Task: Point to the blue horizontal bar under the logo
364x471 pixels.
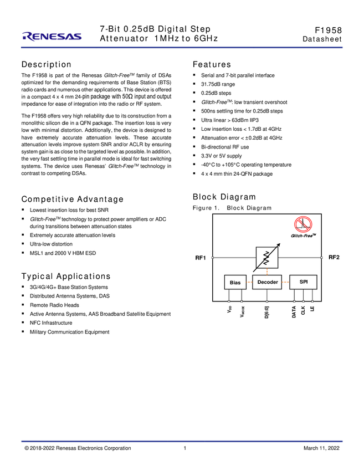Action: pyautogui.click(x=182, y=48)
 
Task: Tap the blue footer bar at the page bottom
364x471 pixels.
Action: pyautogui.click(x=182, y=442)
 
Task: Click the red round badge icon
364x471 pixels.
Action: pyautogui.click(x=303, y=224)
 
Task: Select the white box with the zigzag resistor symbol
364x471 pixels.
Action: pyautogui.click(x=267, y=258)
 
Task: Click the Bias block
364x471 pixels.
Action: pyautogui.click(x=235, y=283)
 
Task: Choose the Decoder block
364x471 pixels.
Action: pyautogui.click(x=267, y=282)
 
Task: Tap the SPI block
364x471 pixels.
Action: pyautogui.click(x=303, y=282)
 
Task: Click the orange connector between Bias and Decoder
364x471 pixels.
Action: pyautogui.click(x=249, y=283)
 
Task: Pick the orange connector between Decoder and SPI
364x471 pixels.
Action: pyautogui.click(x=285, y=283)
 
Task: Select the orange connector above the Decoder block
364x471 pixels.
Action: pyautogui.click(x=267, y=272)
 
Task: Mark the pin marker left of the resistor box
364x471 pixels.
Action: pyautogui.click(x=213, y=257)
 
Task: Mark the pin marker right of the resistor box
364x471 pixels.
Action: pyautogui.click(x=321, y=257)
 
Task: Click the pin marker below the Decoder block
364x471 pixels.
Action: pyautogui.click(x=267, y=302)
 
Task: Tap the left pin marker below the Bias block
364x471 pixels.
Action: pyautogui.click(x=229, y=302)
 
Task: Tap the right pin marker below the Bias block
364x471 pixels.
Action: pyautogui.click(x=242, y=302)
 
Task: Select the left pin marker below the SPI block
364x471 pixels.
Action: pyautogui.click(x=294, y=302)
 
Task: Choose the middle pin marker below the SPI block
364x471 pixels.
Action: pyautogui.click(x=303, y=302)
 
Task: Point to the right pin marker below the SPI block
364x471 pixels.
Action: pyautogui.click(x=312, y=302)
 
